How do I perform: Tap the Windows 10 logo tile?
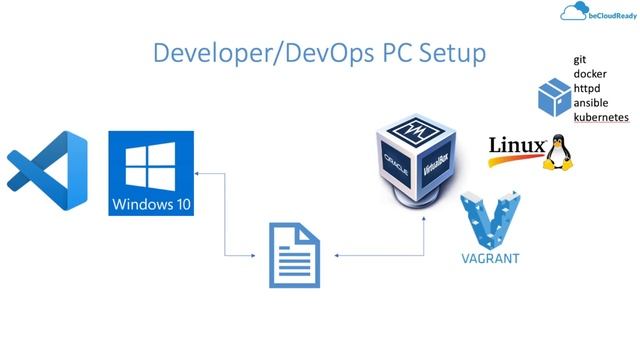coord(152,172)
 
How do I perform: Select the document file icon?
coord(296,255)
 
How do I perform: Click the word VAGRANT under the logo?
coord(490,259)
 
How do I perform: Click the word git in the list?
coord(579,60)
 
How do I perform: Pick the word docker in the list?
coord(589,74)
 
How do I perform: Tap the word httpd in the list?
coord(587,88)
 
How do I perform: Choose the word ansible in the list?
coord(590,103)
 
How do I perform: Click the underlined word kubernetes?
coord(601,117)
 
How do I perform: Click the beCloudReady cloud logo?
coord(574,13)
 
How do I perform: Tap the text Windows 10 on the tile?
coord(152,206)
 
